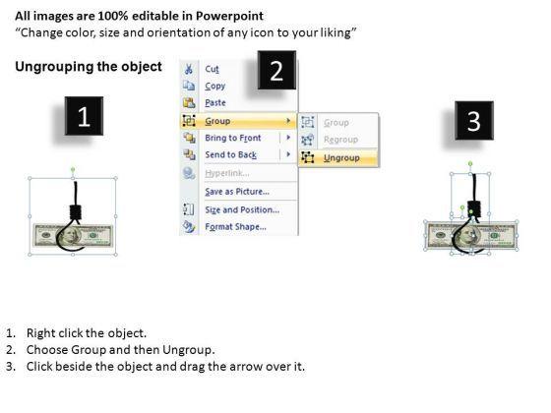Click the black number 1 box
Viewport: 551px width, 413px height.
tap(84, 116)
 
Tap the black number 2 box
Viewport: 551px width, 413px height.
tap(276, 70)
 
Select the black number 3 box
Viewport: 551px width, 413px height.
tap(474, 120)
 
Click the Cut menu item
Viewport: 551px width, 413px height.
tap(212, 69)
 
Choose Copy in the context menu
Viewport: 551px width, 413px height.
tap(215, 87)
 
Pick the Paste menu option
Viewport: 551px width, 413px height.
tap(215, 103)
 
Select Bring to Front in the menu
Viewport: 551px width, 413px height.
tap(233, 138)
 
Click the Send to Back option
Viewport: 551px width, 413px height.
tap(231, 155)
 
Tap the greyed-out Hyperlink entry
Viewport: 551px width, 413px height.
tap(227, 173)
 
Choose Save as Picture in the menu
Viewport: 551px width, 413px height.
tap(237, 192)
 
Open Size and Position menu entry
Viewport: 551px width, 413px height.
tap(242, 209)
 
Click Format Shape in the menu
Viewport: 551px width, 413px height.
tap(235, 227)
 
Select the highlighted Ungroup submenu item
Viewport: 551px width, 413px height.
tap(341, 157)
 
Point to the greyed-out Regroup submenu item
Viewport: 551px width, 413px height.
tap(340, 140)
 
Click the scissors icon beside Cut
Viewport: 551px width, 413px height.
tap(189, 69)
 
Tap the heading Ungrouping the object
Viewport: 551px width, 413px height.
tap(89, 67)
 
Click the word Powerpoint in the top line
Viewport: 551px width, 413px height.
tap(229, 16)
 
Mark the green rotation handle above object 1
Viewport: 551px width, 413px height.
tap(73, 170)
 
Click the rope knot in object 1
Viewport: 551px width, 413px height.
tap(75, 212)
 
